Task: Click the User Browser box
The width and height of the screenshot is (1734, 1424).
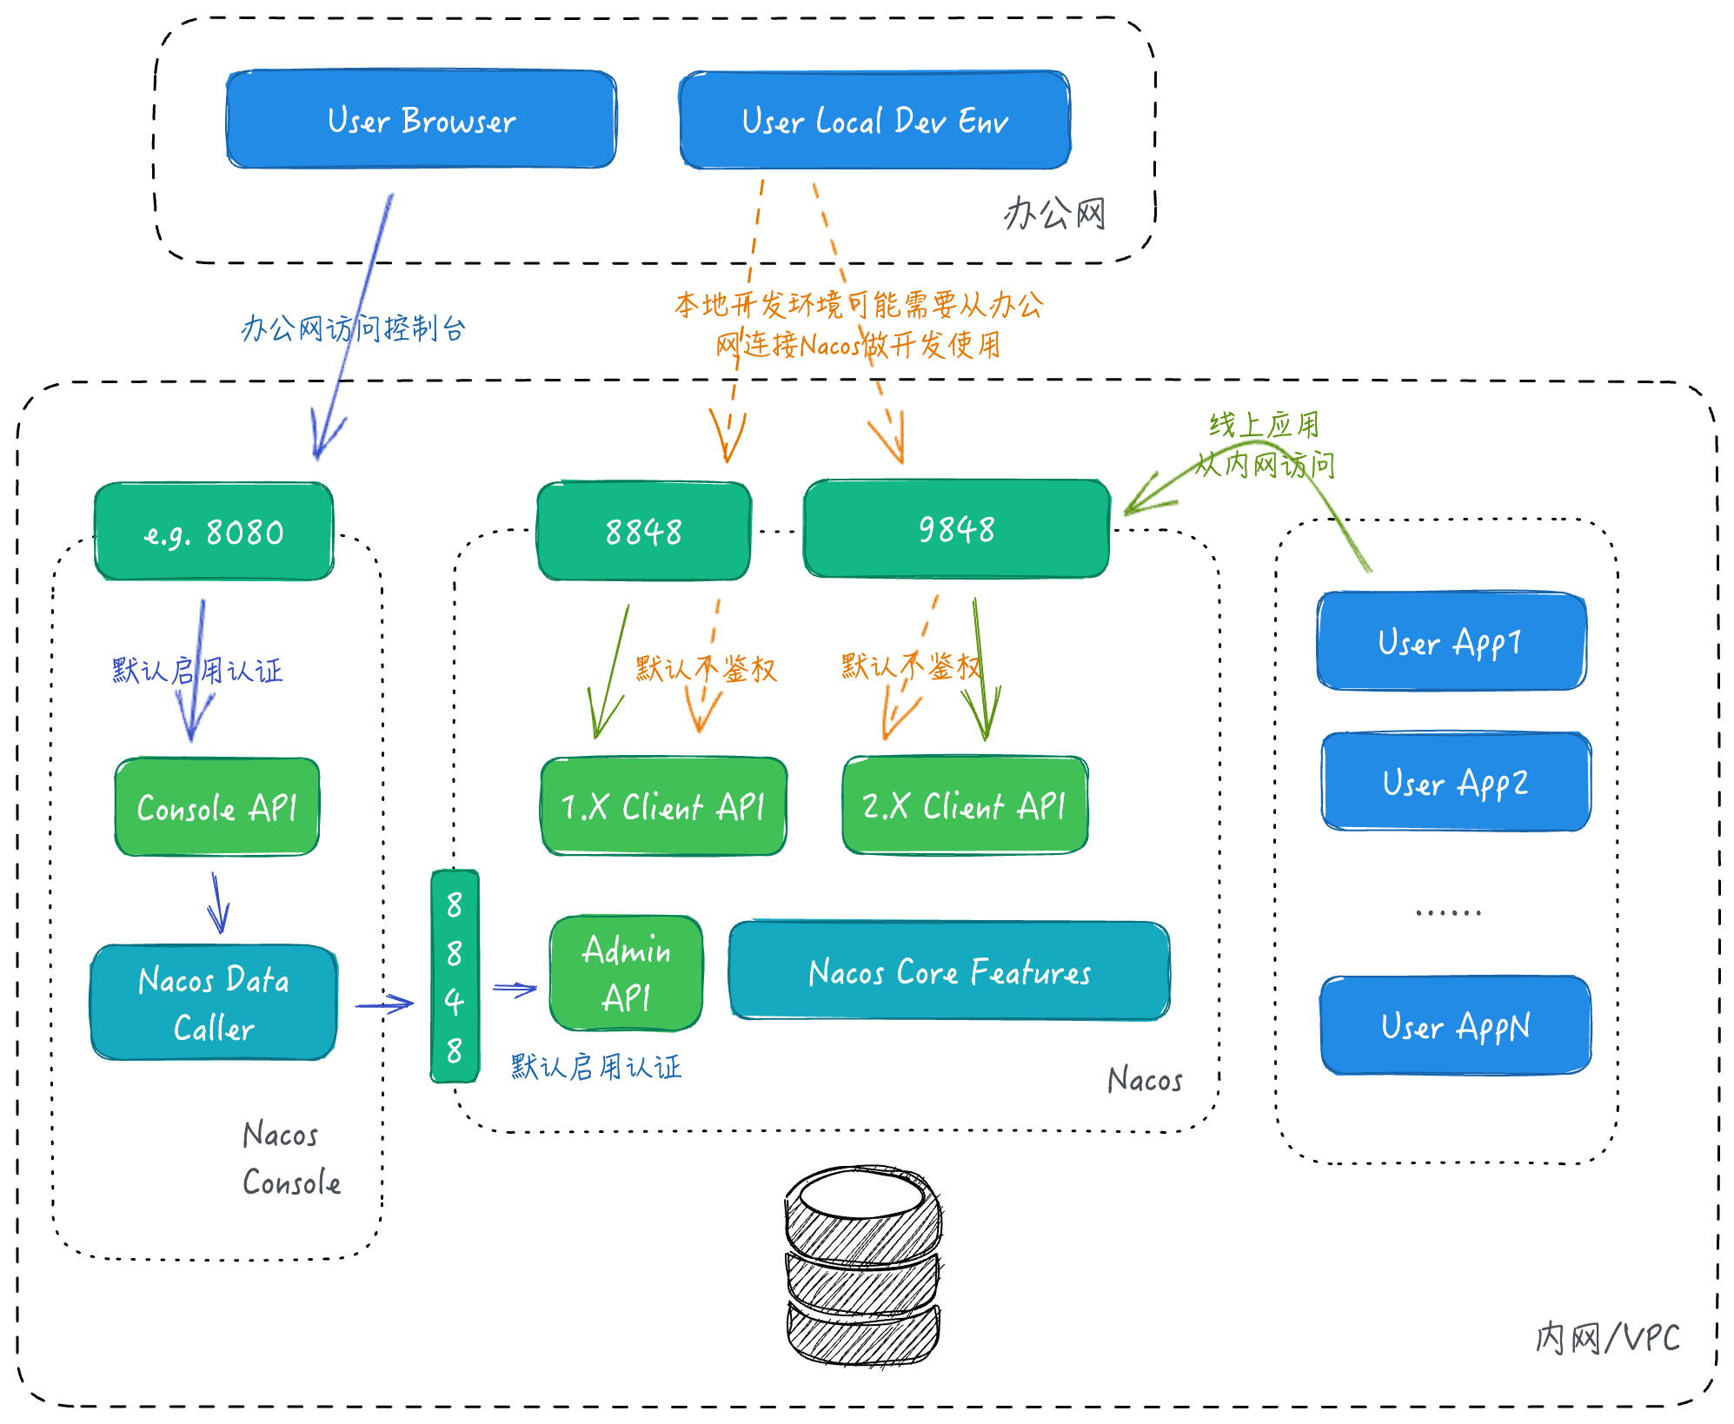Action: [422, 119]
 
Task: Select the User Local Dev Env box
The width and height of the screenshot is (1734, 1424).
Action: [874, 120]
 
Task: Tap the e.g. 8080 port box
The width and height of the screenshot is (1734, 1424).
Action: [214, 531]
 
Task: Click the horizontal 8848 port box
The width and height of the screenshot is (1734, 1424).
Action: [644, 531]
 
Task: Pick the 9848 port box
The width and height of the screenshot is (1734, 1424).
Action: [956, 528]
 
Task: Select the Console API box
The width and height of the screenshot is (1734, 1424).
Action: [217, 807]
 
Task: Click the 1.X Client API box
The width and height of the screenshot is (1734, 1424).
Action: [663, 806]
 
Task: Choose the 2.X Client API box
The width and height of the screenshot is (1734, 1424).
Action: [965, 805]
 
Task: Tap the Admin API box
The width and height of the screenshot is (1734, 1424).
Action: [626, 973]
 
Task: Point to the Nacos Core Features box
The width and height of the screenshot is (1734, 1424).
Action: [949, 971]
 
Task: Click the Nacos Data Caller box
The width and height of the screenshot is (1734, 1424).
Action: [214, 1003]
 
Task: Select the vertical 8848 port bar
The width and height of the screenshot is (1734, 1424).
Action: [455, 977]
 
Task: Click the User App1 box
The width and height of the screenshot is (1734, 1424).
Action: [1451, 641]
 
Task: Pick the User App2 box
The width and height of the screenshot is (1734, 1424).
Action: [1456, 782]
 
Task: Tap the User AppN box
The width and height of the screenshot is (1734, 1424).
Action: [1456, 1025]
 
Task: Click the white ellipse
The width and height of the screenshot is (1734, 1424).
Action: [861, 1195]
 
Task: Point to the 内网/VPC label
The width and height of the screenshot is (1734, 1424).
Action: [1608, 1337]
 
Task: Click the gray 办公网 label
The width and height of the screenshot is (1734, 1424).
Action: [1054, 213]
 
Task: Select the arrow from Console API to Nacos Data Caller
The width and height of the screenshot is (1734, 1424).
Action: [218, 904]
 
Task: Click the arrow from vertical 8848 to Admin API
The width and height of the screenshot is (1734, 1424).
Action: [515, 989]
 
